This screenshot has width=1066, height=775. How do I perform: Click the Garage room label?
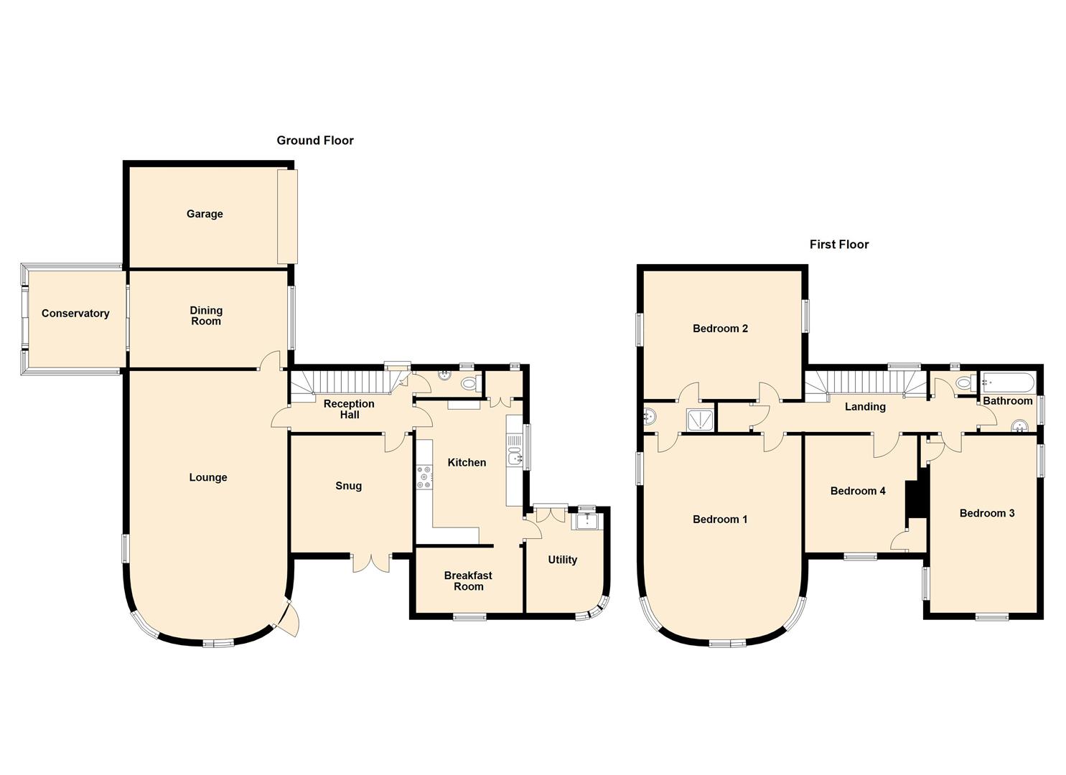click(205, 214)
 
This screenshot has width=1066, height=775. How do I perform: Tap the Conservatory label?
click(75, 314)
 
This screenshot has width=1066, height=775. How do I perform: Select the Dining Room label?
click(206, 316)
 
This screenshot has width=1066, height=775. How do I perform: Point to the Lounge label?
click(208, 477)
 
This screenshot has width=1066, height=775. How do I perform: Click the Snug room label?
click(349, 486)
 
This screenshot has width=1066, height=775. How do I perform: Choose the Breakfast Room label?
click(468, 581)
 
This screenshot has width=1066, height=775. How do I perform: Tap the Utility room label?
click(562, 560)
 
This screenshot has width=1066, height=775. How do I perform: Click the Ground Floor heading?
click(315, 141)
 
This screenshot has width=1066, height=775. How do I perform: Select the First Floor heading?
click(839, 245)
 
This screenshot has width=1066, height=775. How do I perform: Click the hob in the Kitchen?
click(424, 478)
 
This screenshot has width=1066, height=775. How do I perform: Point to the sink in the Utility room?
click(586, 521)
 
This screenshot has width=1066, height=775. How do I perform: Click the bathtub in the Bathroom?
click(1008, 382)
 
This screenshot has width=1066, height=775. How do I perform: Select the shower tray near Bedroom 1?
click(699, 420)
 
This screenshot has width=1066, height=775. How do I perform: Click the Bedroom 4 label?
click(858, 491)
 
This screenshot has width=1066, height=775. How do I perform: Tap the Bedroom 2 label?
click(720, 329)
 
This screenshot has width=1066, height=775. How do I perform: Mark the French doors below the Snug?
click(371, 562)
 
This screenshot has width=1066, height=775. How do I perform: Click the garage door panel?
click(287, 216)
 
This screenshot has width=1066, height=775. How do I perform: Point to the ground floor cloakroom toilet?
click(469, 385)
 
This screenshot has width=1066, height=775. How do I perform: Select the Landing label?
click(865, 407)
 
